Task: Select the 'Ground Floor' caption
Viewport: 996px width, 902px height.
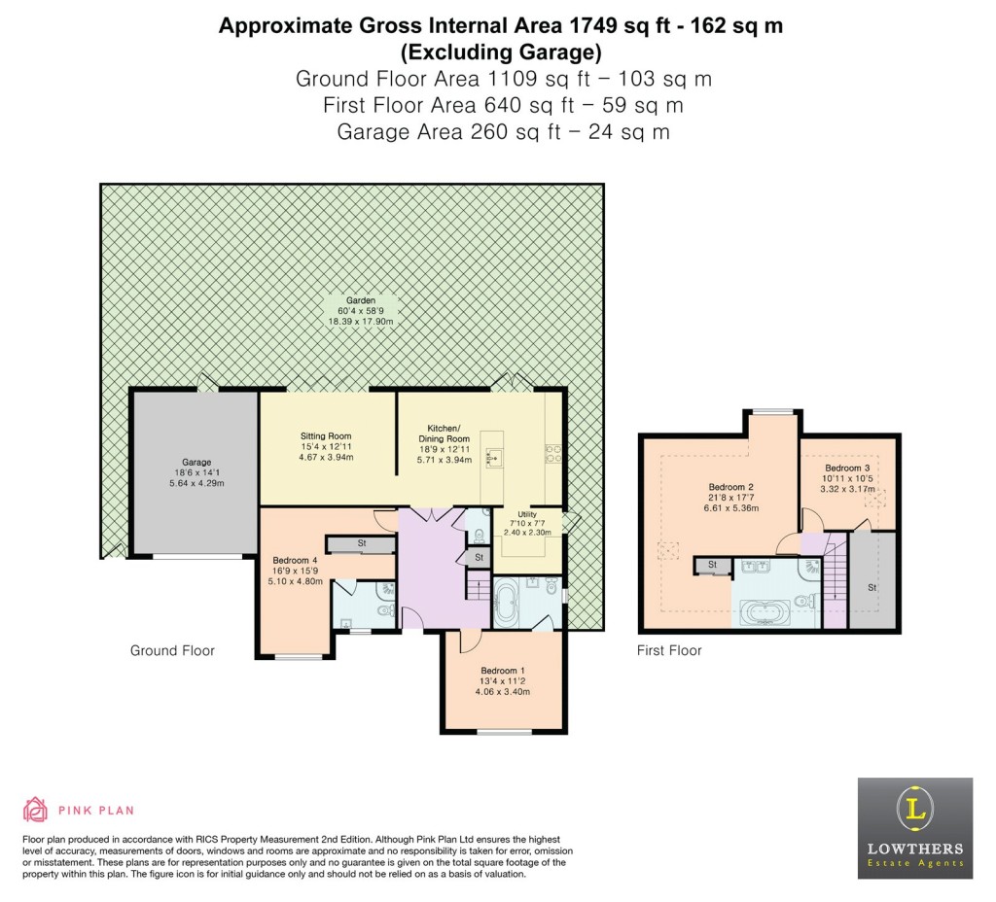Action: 172,650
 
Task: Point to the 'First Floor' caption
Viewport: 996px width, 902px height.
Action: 669,650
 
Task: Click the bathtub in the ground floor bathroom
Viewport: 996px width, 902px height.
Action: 508,604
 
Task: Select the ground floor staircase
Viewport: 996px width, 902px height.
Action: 478,586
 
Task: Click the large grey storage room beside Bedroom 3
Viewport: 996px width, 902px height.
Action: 871,581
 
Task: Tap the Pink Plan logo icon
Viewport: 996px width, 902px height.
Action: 35,810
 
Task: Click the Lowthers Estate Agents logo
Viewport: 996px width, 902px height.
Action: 914,827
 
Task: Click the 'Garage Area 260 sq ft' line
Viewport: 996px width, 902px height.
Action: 503,131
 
